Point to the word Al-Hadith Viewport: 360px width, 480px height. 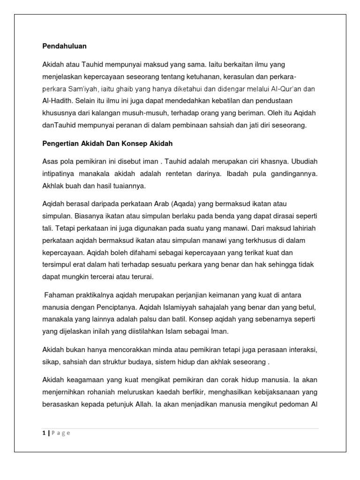pyautogui.click(x=58, y=100)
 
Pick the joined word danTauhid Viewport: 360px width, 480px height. pyautogui.click(x=59, y=125)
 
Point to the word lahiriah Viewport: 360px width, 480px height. pyautogui.click(x=303, y=228)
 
